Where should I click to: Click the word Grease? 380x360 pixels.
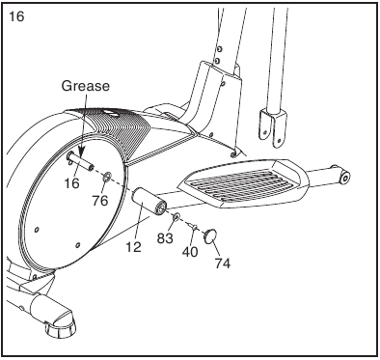[x=85, y=86]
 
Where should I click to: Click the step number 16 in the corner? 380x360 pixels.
[x=16, y=15]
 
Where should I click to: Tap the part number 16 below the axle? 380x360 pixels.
[x=71, y=183]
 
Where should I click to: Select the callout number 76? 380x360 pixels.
[x=100, y=201]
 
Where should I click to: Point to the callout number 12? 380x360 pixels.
[x=133, y=247]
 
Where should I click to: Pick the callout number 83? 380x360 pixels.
[x=165, y=238]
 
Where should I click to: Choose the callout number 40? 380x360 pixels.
[x=190, y=252]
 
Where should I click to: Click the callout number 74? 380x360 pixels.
[x=223, y=263]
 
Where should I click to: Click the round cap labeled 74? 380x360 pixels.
[x=210, y=235]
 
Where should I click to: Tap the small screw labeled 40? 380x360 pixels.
[x=194, y=227]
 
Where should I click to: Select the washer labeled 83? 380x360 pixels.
[x=176, y=218]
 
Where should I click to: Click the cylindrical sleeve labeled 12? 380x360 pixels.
[x=150, y=201]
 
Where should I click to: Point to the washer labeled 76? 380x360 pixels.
[x=106, y=177]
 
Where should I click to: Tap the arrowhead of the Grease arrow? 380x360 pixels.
[x=81, y=152]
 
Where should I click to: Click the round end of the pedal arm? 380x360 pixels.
[x=345, y=177]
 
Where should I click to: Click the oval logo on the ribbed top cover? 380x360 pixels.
[x=109, y=113]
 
